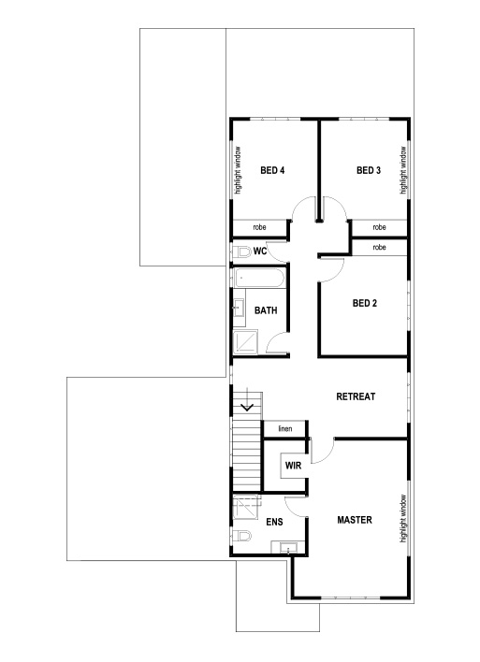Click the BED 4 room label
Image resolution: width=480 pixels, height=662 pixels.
click(272, 170)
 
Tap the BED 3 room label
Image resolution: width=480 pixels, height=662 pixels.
click(368, 170)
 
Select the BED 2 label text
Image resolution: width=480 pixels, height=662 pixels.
click(364, 303)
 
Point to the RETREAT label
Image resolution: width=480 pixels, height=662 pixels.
click(355, 396)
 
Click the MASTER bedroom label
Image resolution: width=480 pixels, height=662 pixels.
click(355, 519)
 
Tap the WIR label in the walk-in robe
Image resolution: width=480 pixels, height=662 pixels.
click(291, 465)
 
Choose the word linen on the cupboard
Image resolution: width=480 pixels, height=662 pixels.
click(284, 428)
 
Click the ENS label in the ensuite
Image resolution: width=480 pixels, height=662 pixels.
click(274, 522)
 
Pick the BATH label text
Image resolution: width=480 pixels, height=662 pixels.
click(267, 310)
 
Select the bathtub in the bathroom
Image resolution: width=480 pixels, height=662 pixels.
click(260, 278)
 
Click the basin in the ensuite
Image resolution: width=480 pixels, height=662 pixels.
click(290, 548)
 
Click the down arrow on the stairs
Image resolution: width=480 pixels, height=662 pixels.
click(248, 407)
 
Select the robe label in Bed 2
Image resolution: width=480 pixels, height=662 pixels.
click(379, 247)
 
